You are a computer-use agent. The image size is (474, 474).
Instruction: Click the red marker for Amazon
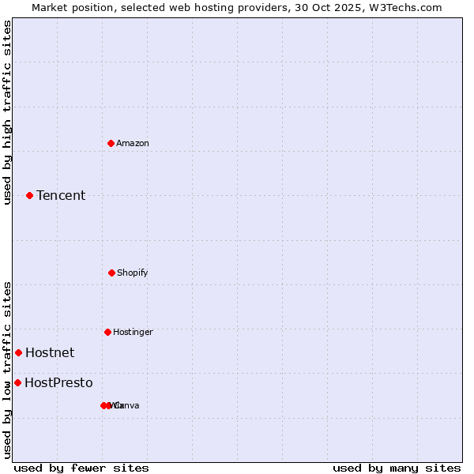coord(111,143)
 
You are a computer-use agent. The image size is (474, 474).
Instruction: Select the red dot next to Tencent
coord(29,195)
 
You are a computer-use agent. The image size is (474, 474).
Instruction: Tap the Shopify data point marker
coord(111,273)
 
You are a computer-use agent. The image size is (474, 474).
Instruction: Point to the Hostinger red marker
coord(107,332)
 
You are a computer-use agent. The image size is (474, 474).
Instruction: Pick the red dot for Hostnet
coord(18,352)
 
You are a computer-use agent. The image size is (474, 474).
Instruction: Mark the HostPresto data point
coord(17,382)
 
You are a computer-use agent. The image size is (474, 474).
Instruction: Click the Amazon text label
coord(132,143)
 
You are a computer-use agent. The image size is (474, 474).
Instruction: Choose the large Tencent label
coord(61,195)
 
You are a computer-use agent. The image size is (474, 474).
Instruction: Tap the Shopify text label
coord(132,273)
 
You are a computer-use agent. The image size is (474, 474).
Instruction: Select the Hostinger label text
coord(133,332)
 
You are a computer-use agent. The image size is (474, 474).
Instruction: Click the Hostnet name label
coord(50,352)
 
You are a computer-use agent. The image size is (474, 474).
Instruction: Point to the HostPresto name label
coord(58,382)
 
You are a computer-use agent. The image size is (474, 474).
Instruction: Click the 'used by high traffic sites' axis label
coord(7,112)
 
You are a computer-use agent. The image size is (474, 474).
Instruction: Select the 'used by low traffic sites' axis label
coord(7,370)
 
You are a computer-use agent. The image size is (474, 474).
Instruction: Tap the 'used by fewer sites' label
coord(81,468)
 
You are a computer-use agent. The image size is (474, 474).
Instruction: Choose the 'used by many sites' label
coord(397,468)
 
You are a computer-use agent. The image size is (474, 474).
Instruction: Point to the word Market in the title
coord(51,7)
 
